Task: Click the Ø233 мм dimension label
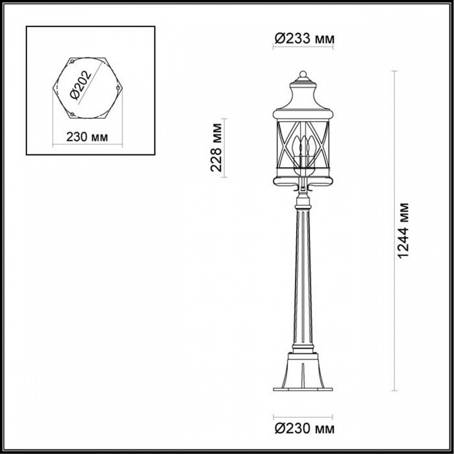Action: (x=304, y=39)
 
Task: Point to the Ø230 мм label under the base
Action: (x=304, y=429)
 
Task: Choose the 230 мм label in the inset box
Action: (x=86, y=137)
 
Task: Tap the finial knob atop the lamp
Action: (x=303, y=76)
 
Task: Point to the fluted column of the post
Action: (x=303, y=277)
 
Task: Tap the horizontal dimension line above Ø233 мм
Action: (x=303, y=49)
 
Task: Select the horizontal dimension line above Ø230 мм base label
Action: (x=303, y=417)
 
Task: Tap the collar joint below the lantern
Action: (x=303, y=202)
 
